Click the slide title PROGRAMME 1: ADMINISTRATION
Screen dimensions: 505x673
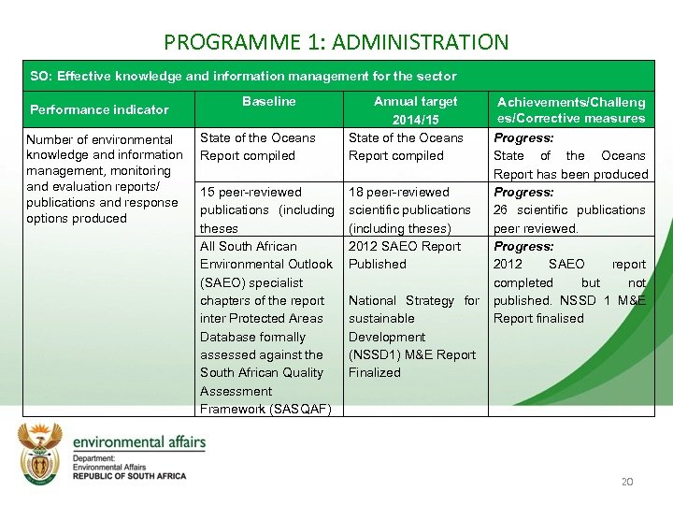336,42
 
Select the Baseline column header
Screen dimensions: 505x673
268,101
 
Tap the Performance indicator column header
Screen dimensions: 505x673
99,109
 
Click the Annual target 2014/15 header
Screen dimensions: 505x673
415,110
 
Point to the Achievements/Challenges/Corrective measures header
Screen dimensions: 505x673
570,110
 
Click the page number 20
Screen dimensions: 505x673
627,482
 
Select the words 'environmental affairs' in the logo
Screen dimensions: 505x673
139,441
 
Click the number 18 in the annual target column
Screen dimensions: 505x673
357,192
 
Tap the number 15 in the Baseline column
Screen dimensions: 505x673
208,192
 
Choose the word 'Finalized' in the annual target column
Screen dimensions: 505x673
374,372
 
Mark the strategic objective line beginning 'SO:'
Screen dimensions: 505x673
243,76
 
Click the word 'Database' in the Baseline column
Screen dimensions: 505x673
226,337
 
